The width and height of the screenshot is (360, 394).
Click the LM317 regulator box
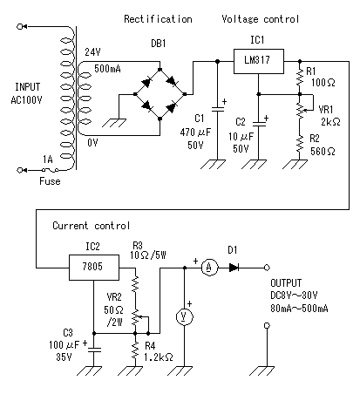pyautogui.click(x=259, y=61)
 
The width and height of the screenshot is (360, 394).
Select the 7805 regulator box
pyautogui.click(x=94, y=268)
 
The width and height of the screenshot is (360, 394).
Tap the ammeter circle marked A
pyautogui.click(x=209, y=268)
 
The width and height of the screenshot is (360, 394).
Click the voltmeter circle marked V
pyautogui.click(x=185, y=316)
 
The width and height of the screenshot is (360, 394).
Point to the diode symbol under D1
pyautogui.click(x=234, y=268)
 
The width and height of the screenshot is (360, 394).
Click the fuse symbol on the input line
pyautogui.click(x=51, y=170)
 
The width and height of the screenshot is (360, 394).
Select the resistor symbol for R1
pyautogui.click(x=300, y=76)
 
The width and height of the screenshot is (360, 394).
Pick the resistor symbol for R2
pyautogui.click(x=300, y=144)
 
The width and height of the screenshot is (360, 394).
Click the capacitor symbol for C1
pyautogui.click(x=218, y=109)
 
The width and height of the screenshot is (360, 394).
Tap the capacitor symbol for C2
pyautogui.click(x=259, y=124)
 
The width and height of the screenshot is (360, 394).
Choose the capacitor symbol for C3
pyautogui.click(x=94, y=349)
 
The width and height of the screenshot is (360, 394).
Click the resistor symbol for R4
pyautogui.click(x=135, y=350)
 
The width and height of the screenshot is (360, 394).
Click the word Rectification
pyautogui.click(x=158, y=19)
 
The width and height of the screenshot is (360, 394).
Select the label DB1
pyautogui.click(x=159, y=44)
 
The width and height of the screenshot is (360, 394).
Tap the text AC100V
pyautogui.click(x=26, y=100)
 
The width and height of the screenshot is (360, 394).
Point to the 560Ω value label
pyautogui.click(x=323, y=151)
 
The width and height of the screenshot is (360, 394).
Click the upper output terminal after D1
pyautogui.click(x=267, y=268)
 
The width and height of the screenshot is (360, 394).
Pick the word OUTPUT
pyautogui.click(x=286, y=282)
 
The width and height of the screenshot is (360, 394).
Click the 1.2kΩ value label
pyautogui.click(x=159, y=357)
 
